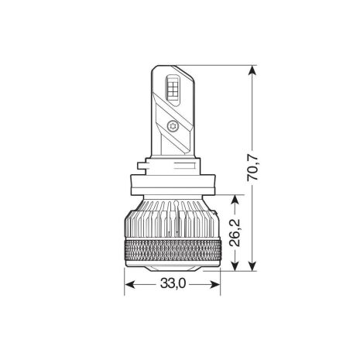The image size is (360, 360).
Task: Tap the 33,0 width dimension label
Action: [173, 284]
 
